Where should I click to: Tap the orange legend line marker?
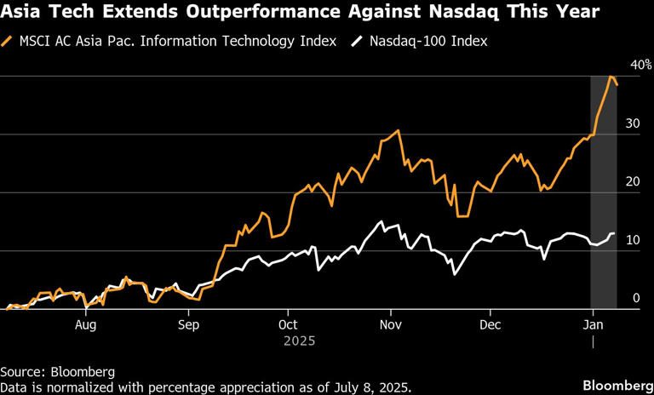pyautogui.click(x=9, y=41)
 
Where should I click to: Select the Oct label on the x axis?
pyautogui.click(x=288, y=324)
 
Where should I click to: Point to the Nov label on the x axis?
pyautogui.click(x=390, y=324)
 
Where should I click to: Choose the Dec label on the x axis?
pyautogui.click(x=490, y=324)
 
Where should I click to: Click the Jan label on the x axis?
pyautogui.click(x=592, y=324)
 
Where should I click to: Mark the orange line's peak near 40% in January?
pyautogui.click(x=611, y=77)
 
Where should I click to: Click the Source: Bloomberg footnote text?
pyautogui.click(x=57, y=372)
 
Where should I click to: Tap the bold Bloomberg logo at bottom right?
pyautogui.click(x=615, y=386)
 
